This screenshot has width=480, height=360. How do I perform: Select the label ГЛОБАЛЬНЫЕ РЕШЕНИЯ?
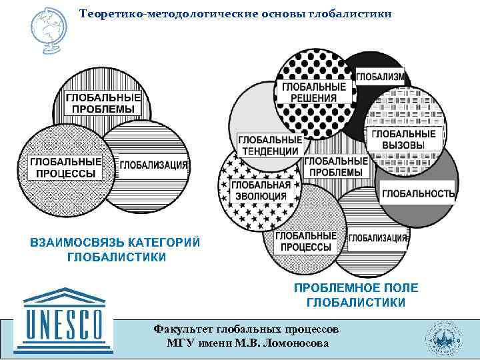(314, 93)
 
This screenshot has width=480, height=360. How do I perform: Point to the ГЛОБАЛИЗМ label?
(380, 77)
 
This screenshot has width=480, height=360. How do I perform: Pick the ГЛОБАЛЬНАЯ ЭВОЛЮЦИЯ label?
(260, 191)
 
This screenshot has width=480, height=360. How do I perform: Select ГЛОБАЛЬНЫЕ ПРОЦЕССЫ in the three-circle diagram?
(65, 167)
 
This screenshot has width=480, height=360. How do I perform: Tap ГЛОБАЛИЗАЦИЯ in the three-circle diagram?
(153, 165)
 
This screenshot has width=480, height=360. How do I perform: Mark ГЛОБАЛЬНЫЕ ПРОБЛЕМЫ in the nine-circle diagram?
(337, 167)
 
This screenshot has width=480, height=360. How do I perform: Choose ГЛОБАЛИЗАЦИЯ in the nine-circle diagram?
(378, 238)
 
